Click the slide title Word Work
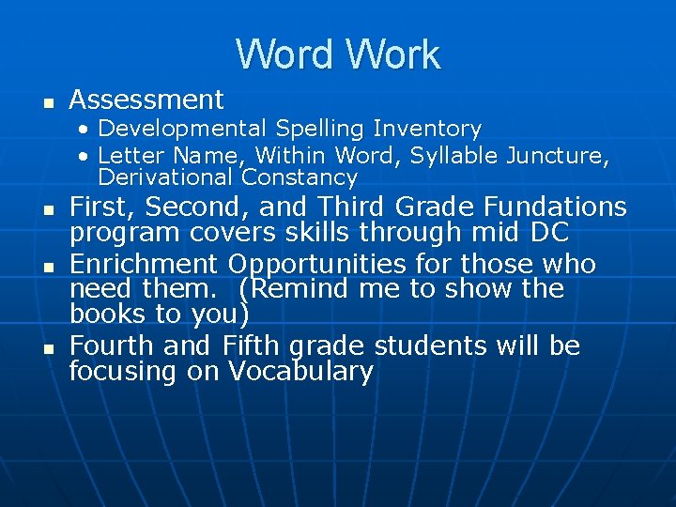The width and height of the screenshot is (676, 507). click(338, 54)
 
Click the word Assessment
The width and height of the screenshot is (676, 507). click(146, 100)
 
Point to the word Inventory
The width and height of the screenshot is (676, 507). click(427, 129)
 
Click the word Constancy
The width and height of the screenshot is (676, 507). click(300, 177)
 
